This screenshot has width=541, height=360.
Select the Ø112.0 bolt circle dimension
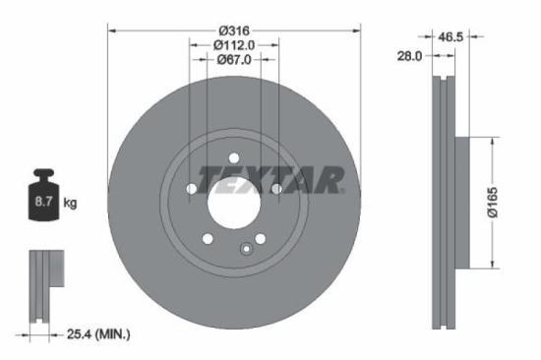point(234,44)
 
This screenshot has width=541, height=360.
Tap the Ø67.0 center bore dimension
point(234,59)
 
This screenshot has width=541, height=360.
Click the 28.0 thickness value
point(408,57)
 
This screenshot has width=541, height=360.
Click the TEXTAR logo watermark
point(270,179)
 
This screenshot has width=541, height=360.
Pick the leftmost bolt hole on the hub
point(191,189)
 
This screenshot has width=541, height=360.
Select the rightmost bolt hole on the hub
point(276,189)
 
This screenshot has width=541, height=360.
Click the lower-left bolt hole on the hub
point(207,238)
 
